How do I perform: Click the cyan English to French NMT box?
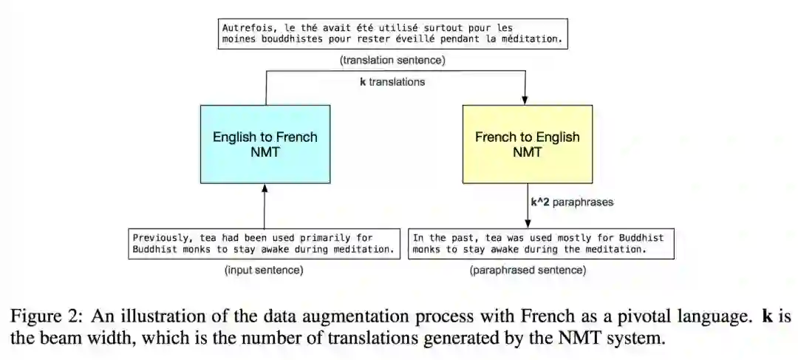tap(265, 144)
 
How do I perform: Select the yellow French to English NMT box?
tap(527, 144)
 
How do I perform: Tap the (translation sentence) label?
tap(392, 60)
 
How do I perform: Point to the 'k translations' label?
tap(392, 82)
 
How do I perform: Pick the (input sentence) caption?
tap(264, 271)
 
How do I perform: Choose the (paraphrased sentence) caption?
tap(528, 271)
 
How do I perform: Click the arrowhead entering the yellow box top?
tap(526, 100)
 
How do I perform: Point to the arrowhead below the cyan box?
tap(265, 189)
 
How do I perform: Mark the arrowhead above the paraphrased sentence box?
tap(527, 224)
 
